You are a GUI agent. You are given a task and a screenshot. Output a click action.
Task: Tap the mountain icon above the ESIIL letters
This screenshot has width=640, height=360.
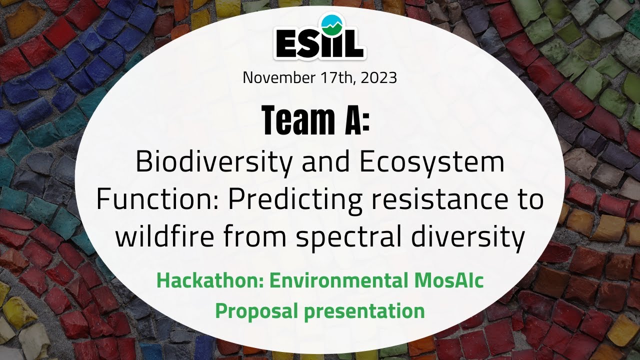click(328, 22)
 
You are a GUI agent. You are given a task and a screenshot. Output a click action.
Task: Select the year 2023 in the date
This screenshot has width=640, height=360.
click(378, 78)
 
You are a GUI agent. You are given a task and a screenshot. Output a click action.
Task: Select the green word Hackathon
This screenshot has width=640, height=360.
click(209, 281)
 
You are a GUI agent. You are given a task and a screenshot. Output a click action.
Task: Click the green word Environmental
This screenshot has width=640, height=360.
click(337, 281)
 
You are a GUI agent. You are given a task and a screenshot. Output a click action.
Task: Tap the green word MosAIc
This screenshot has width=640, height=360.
click(448, 281)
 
